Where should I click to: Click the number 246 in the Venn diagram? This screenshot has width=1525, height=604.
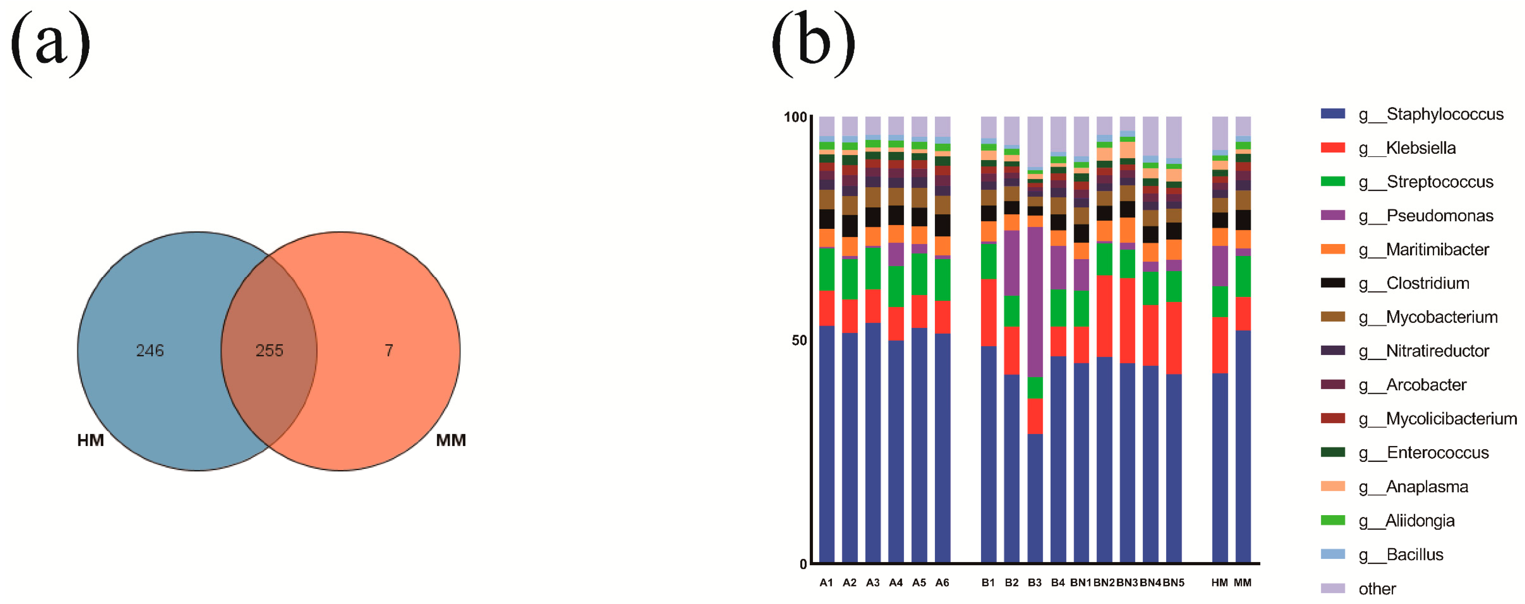point(150,350)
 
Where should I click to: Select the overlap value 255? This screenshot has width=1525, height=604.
point(269,350)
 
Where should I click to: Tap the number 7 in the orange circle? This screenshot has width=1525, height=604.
point(389,350)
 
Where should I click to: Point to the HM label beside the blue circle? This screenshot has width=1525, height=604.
point(91,440)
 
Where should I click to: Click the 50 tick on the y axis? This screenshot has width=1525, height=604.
point(799,341)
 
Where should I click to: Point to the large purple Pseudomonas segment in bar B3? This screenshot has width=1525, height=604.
point(1035,302)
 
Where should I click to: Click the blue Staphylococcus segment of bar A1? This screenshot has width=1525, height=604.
point(826,444)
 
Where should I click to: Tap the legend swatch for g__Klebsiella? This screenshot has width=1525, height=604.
point(1332,147)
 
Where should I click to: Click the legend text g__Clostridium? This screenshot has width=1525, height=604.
point(1427,283)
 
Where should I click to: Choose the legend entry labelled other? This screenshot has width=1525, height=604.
point(1377,588)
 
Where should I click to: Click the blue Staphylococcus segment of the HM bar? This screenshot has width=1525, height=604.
point(1219,468)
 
